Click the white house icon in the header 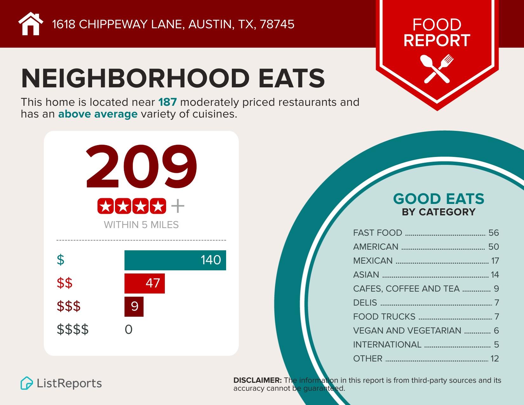pyautogui.click(x=30, y=24)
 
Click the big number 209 pyautogui.click(x=141, y=167)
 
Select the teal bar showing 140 pyautogui.click(x=175, y=260)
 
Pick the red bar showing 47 pyautogui.click(x=144, y=283)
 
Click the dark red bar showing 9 pyautogui.click(x=134, y=307)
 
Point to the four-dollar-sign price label pyautogui.click(x=73, y=330)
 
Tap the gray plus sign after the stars pyautogui.click(x=178, y=206)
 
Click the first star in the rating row pyautogui.click(x=105, y=206)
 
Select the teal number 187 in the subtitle pyautogui.click(x=167, y=102)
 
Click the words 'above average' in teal pyautogui.click(x=98, y=114)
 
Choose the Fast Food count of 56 pyautogui.click(x=494, y=233)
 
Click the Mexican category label pyautogui.click(x=373, y=261)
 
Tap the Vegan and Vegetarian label pyautogui.click(x=407, y=331)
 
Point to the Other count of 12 pyautogui.click(x=494, y=359)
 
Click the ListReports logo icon pyautogui.click(x=27, y=383)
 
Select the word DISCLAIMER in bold pyautogui.click(x=257, y=380)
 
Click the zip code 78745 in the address pyautogui.click(x=277, y=24)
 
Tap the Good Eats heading pyautogui.click(x=439, y=199)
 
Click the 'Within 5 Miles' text pyautogui.click(x=141, y=225)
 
